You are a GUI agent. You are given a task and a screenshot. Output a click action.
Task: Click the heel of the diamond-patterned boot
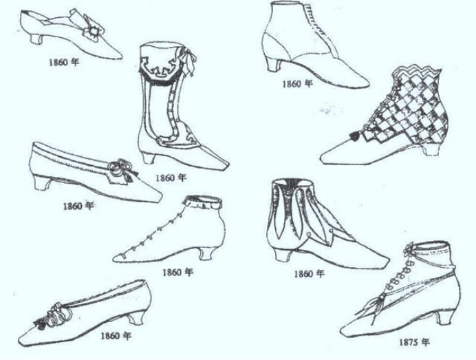tap(431, 149)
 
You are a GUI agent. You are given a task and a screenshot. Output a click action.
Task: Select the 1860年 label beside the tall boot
tap(171, 178)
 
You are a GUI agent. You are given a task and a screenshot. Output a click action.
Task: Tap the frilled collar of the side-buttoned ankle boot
tap(201, 202)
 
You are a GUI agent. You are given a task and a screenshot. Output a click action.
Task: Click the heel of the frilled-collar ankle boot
tap(204, 252)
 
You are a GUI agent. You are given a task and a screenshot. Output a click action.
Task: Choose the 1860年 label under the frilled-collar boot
tap(177, 272)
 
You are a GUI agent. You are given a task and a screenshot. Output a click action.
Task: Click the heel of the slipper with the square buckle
tap(32, 38)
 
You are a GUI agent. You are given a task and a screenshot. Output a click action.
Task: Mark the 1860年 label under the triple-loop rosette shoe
tap(116, 336)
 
